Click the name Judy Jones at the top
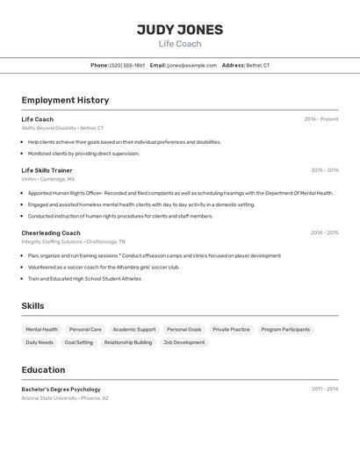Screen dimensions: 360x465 tap(180, 29)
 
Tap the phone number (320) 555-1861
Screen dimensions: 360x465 tap(127, 65)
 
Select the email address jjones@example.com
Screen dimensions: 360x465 tap(191, 65)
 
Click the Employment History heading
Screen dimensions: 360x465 tap(65, 100)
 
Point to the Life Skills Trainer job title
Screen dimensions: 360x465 tap(47, 170)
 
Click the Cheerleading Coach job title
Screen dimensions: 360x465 tap(51, 232)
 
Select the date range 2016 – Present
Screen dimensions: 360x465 tap(321, 119)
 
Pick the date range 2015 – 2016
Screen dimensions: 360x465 tap(324, 170)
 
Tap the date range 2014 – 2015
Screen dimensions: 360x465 tap(324, 232)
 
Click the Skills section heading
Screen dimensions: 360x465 tap(33, 305)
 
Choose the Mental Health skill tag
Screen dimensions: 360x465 tap(42, 330)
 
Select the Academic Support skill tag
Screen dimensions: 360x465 tap(134, 330)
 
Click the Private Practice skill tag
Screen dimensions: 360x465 tap(231, 330)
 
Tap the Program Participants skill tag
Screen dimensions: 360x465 tap(285, 330)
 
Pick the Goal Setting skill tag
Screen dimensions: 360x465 tap(78, 343)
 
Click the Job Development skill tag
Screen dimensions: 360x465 tap(184, 343)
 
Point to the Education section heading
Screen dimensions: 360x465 tap(43, 370)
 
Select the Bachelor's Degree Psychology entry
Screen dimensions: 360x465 tap(61, 389)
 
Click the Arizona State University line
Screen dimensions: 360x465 tap(65, 398)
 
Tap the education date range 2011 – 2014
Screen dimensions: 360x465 tap(324, 389)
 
